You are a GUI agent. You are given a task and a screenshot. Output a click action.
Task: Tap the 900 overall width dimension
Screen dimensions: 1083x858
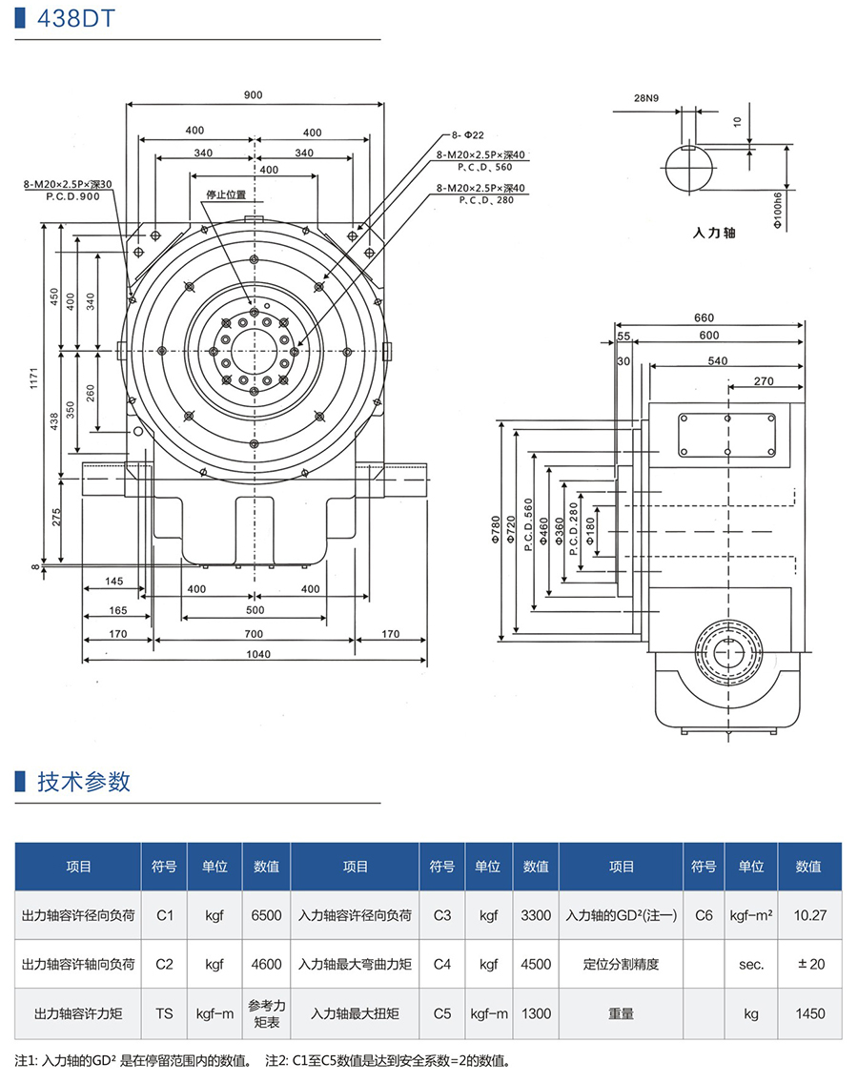click(253, 94)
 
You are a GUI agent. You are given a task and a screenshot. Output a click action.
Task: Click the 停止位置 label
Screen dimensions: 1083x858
click(226, 194)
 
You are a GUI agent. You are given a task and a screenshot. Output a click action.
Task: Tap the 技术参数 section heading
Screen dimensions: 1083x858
click(84, 782)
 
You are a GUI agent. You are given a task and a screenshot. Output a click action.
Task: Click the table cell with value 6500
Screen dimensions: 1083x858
click(266, 915)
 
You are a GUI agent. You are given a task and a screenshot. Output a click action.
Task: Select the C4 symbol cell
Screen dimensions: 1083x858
click(441, 964)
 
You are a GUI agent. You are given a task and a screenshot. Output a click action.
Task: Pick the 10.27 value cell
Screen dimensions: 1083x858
click(808, 915)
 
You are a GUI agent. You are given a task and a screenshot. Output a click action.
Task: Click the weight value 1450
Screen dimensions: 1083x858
click(808, 1013)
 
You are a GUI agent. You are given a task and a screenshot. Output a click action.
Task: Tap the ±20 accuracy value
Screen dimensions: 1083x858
click(808, 964)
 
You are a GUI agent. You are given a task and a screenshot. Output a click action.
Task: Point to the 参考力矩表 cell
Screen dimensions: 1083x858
click(266, 1013)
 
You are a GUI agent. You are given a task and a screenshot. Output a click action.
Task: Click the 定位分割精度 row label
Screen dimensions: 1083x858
click(621, 964)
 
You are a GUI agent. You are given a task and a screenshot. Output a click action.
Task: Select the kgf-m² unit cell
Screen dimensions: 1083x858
click(750, 915)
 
